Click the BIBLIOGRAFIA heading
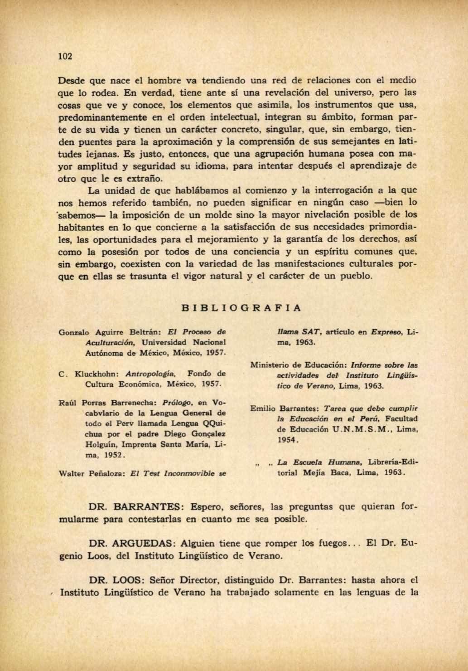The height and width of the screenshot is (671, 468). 241,308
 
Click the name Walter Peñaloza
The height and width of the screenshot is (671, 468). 92,474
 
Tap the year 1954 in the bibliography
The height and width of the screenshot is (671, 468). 287,440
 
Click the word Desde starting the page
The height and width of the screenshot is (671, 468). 71,81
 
